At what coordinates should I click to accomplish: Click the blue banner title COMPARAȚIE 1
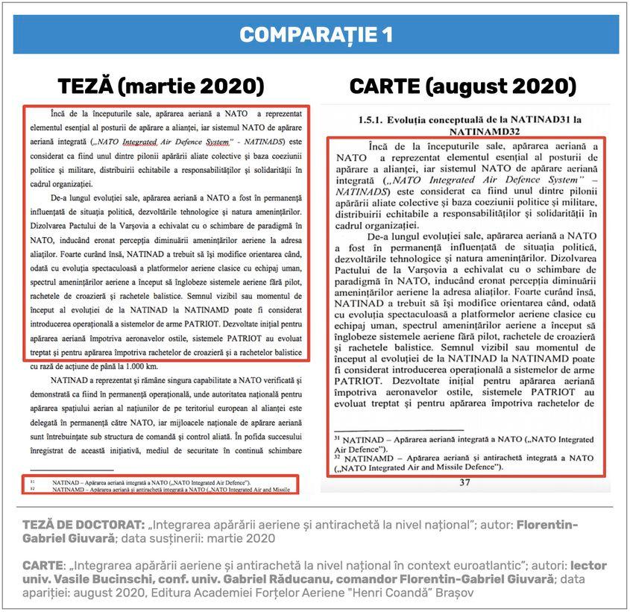pyautogui.click(x=316, y=35)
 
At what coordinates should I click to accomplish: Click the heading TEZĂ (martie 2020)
pyautogui.click(x=162, y=86)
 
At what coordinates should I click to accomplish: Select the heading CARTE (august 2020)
pyautogui.click(x=462, y=86)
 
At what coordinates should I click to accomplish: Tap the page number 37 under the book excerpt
pyautogui.click(x=464, y=483)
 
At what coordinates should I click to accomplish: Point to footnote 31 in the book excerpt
pyautogui.click(x=462, y=444)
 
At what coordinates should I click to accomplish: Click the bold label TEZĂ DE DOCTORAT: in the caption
pyautogui.click(x=81, y=525)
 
